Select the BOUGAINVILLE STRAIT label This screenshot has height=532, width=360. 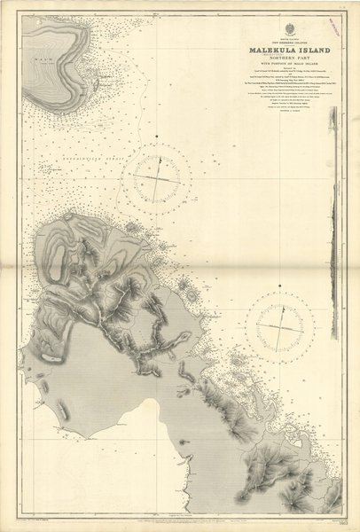coord(71,159)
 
